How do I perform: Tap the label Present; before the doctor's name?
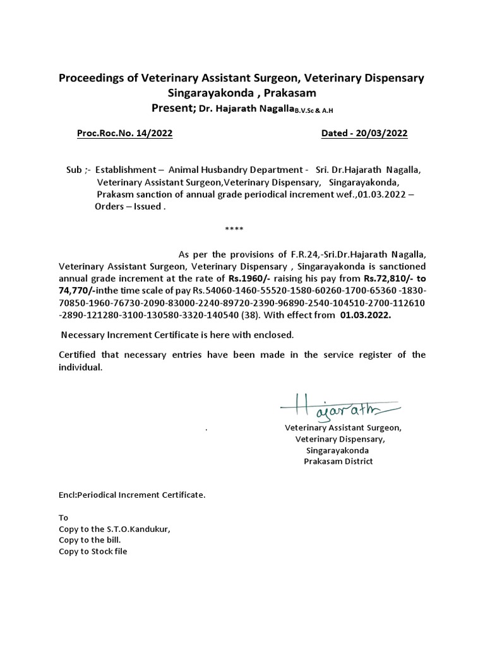pyautogui.click(x=174, y=109)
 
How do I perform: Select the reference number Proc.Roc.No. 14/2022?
pyautogui.click(x=124, y=133)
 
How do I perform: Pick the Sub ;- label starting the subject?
pyautogui.click(x=78, y=170)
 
